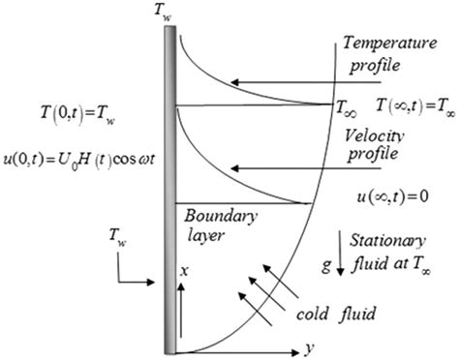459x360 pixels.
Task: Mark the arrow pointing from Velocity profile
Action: (276, 170)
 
